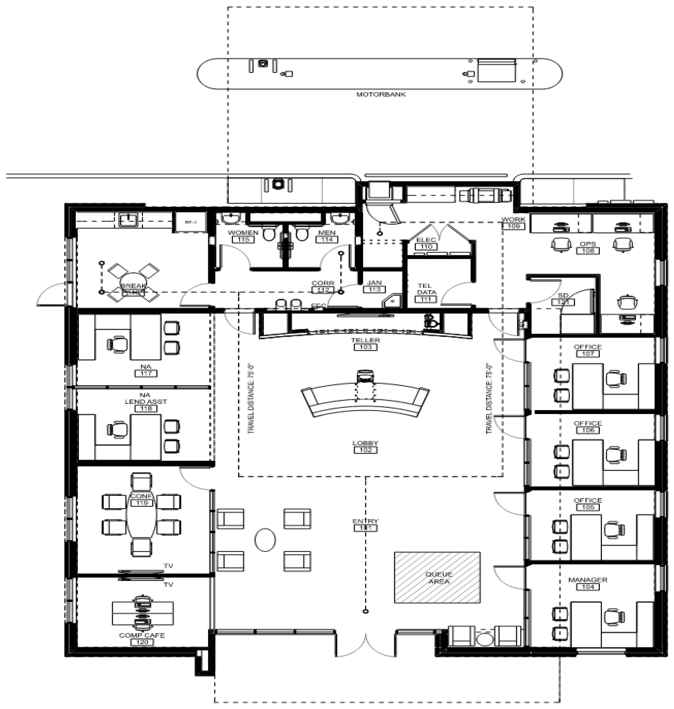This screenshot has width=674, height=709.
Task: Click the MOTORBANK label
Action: coord(381,94)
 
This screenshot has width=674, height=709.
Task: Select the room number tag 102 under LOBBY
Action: coord(365,450)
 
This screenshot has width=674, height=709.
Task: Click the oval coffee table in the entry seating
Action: coord(265,540)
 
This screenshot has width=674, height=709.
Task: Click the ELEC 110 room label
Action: coord(426,243)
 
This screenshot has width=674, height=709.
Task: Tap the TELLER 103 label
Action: coord(365,344)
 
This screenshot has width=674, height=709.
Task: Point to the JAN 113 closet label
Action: coord(374,286)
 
